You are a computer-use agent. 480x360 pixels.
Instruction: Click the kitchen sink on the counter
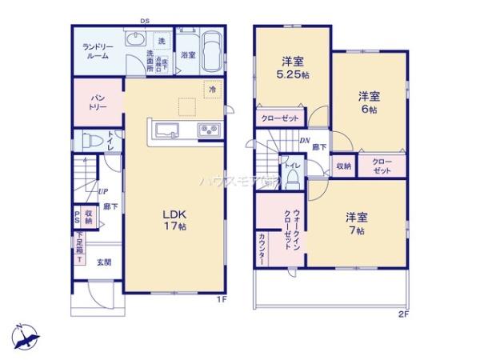click(x=167, y=131)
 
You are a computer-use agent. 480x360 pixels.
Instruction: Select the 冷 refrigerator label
click(x=212, y=90)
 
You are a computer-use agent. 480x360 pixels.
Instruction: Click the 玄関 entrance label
click(x=104, y=262)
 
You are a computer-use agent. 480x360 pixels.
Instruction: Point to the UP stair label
click(x=103, y=191)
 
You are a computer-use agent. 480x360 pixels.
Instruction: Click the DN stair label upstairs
click(x=305, y=141)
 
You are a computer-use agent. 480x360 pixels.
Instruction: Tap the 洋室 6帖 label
click(x=368, y=102)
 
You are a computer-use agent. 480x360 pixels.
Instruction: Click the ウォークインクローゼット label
click(x=291, y=229)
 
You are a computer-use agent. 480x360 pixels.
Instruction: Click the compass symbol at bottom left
click(x=26, y=334)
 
